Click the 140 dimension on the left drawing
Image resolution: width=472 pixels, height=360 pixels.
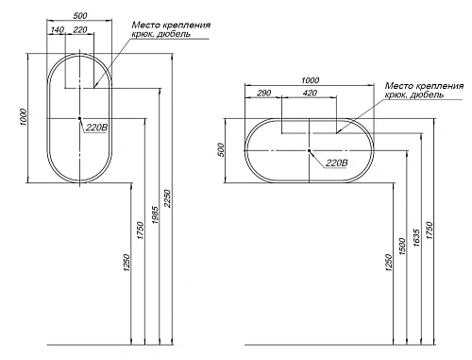[57, 30]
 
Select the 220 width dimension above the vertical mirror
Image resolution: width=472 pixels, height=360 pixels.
[80, 30]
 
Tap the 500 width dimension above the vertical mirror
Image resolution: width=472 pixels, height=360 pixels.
[80, 15]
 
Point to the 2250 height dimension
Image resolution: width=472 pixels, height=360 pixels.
[167, 198]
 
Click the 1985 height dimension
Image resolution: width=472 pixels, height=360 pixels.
[155, 215]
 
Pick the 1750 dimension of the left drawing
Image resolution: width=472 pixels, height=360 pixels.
[141, 231]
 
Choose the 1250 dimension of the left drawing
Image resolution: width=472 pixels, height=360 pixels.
[126, 263]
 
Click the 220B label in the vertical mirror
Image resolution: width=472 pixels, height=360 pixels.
[96, 128]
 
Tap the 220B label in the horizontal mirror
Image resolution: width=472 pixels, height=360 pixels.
[336, 163]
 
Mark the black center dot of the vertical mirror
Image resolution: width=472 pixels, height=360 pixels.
[79, 118]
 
